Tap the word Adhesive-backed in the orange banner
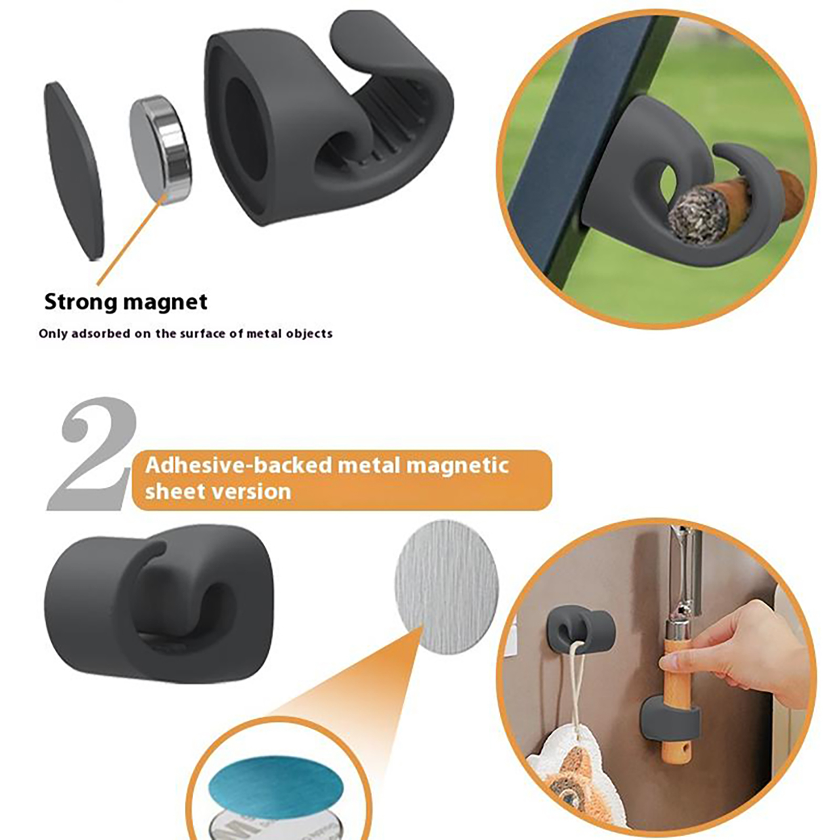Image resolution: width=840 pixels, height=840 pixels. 239,465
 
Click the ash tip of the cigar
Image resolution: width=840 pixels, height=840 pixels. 696,215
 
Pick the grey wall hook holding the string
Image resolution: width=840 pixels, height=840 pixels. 580,630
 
